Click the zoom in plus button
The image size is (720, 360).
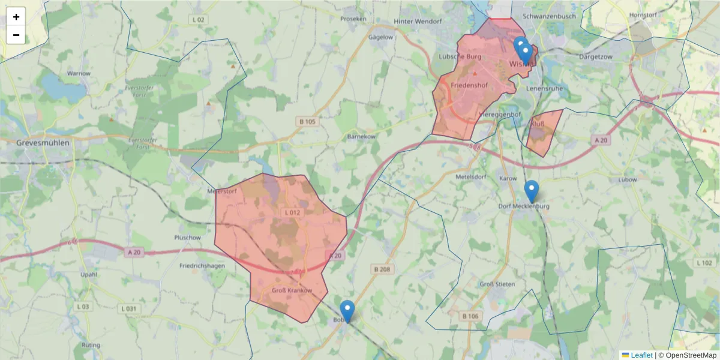point(16,17)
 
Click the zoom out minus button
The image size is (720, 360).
point(16,35)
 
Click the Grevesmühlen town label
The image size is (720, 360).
point(43,143)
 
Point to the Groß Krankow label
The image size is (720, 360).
point(292,290)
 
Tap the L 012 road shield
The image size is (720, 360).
point(292,212)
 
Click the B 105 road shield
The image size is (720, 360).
point(307,122)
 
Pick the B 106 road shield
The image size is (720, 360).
point(471,316)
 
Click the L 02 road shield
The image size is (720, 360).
point(199,20)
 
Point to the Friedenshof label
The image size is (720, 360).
point(469,86)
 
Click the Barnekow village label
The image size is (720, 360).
point(361,137)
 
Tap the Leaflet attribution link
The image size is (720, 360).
point(641,355)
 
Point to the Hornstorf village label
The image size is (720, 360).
point(644,15)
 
